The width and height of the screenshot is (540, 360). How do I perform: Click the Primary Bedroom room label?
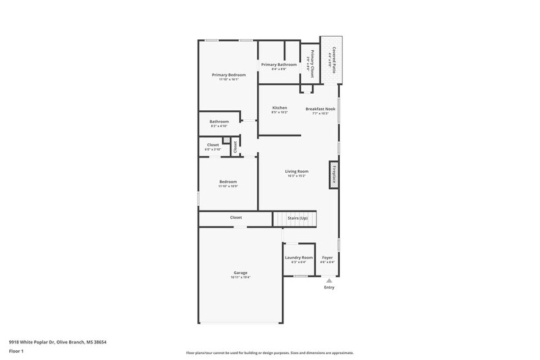coord(228,75)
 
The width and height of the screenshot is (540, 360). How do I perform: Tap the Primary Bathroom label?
coord(279,64)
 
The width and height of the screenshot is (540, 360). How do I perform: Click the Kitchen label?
coord(279,108)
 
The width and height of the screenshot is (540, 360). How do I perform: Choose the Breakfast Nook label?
coord(320,109)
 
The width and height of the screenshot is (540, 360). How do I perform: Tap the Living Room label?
coord(296,171)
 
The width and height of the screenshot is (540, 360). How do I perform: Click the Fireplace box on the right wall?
coord(334,175)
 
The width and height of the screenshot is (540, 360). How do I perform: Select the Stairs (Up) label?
coord(298,217)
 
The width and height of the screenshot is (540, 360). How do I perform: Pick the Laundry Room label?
coord(299,258)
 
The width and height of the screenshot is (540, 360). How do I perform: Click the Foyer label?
coord(328,258)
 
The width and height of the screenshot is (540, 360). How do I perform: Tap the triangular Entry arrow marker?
coord(329,280)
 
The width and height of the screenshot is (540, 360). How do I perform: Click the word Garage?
coord(241,272)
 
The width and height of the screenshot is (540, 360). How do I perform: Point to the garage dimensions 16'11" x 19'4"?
coord(241,277)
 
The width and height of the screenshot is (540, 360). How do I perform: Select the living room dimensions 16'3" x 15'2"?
coord(296,176)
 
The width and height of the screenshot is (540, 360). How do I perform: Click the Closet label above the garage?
coord(236,217)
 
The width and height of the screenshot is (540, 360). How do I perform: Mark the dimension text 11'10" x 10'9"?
coord(228,186)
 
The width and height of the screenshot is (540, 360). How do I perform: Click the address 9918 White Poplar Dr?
coord(36,342)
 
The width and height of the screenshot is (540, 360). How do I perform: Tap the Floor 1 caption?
coord(16,351)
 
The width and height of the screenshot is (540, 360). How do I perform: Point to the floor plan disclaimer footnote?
coord(269,353)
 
